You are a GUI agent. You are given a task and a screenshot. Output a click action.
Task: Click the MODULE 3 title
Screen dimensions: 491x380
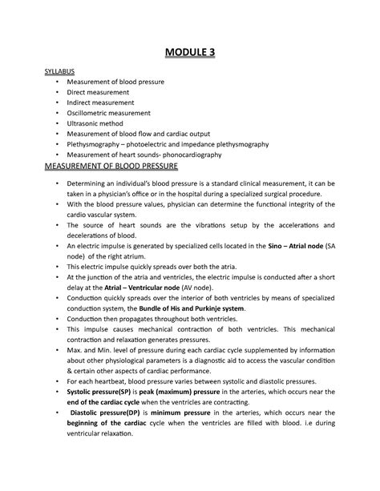coord(189,54)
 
